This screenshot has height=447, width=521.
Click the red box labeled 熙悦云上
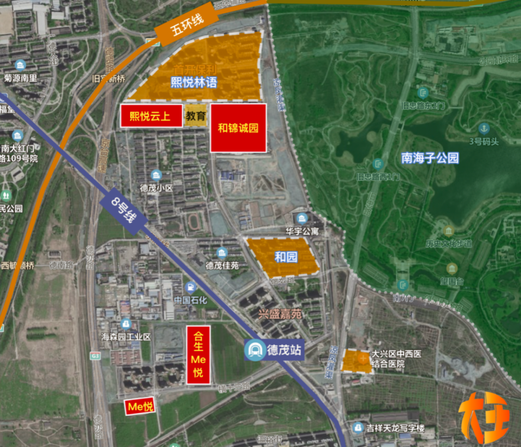151,116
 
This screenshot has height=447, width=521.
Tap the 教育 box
196,116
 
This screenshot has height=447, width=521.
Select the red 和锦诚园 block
238,128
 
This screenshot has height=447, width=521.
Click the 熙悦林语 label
194,82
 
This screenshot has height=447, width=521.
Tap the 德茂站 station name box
284,349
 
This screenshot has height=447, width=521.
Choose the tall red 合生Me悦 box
198,355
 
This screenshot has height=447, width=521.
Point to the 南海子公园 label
430,158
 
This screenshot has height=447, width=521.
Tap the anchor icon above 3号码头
484,128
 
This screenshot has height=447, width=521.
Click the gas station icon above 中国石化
191,287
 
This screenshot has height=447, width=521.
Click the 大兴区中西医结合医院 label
396,359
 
